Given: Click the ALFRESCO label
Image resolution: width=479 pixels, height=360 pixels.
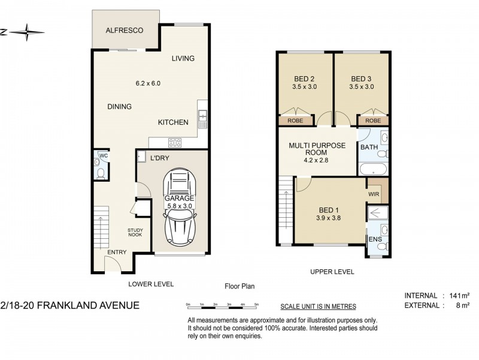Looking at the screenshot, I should tap(123, 30).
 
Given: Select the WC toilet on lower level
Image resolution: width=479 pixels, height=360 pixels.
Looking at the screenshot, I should tap(101, 174).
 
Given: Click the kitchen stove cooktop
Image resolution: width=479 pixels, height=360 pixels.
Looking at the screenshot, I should tap(175, 142).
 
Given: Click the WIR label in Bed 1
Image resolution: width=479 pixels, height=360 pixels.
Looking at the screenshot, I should tap(374, 194).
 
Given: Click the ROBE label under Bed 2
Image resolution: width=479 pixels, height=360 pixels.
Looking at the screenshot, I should tap(296, 121).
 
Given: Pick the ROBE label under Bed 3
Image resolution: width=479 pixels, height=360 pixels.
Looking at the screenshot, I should tap(372, 121).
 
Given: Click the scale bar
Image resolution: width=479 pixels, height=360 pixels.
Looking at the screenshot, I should tap(222, 306).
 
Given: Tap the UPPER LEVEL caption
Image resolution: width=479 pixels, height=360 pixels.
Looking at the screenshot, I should tap(332, 272).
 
